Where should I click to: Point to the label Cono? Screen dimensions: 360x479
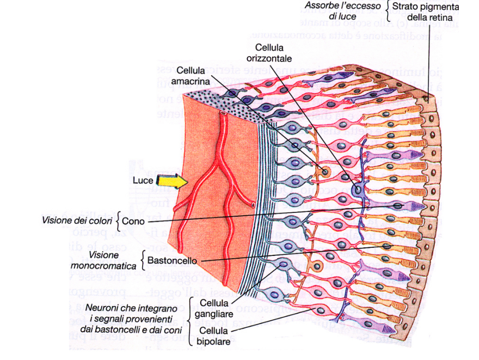133,222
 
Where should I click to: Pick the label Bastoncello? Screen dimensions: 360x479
171,260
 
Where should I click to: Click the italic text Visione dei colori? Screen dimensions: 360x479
77,221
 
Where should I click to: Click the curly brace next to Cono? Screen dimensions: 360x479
118,221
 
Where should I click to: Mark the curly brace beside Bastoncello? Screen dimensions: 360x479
143,260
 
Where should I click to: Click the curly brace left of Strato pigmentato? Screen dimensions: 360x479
388,11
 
